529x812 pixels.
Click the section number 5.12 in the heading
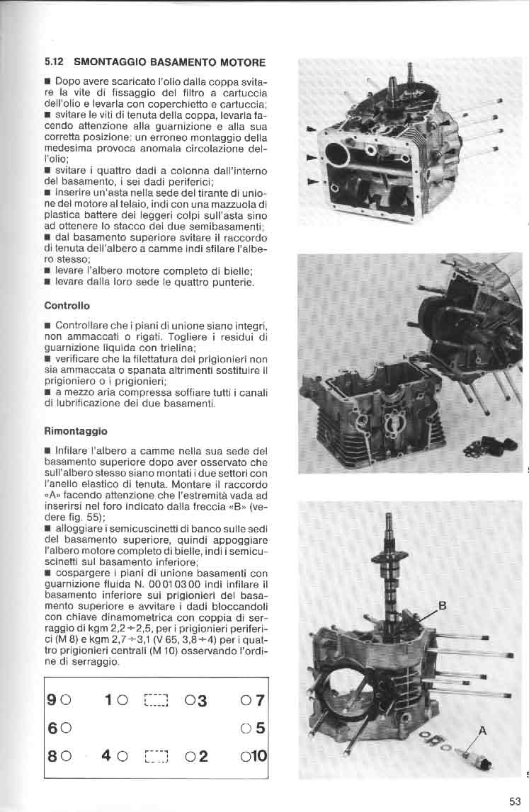pos(55,62)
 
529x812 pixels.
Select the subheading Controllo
pos(67,307)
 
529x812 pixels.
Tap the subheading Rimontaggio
pos(75,430)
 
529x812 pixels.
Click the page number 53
pos(515,801)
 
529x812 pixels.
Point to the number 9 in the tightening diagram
pos(52,701)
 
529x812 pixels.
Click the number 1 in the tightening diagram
pos(109,701)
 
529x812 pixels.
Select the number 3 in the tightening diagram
pos(202,701)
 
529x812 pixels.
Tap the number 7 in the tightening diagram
pos(260,701)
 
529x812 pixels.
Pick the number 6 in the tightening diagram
pos(52,728)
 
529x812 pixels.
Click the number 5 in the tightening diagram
pos(260,728)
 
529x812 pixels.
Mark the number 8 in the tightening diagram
pos(52,755)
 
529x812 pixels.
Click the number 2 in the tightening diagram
pos(203,755)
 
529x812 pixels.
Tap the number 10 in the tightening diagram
pos(257,755)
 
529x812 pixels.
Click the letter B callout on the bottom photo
pos(442,606)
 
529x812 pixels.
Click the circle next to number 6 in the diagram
pos(65,728)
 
